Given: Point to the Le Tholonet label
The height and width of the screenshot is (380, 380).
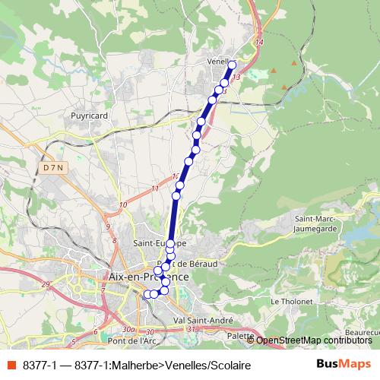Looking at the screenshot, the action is click(288, 301).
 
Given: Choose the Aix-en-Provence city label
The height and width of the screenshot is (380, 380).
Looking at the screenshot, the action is click(149, 277).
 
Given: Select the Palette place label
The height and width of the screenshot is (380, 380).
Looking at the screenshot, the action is click(240, 335).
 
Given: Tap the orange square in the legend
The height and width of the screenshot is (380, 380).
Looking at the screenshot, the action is click(11, 365).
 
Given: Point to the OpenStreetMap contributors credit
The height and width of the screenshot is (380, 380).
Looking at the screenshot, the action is click(313, 340).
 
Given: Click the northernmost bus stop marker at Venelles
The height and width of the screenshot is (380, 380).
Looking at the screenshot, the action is click(233, 65).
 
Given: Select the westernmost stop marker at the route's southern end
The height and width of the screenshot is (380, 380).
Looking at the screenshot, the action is click(147, 294).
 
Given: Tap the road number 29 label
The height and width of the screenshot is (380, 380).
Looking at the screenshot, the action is click(46, 283).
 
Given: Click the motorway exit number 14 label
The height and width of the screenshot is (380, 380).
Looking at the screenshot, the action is click(259, 43).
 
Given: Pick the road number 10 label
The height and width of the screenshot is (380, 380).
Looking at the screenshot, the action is click(123, 204).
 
